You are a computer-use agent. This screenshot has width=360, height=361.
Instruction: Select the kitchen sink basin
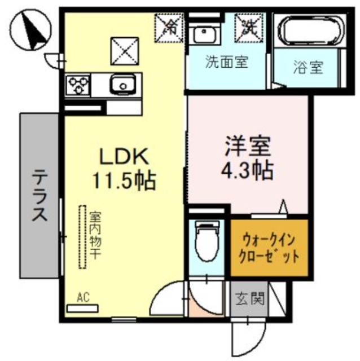tap(120, 85)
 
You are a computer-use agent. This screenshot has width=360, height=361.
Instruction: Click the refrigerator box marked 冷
tap(170, 25)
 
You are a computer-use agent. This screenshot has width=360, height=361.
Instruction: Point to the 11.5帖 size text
tap(124, 180)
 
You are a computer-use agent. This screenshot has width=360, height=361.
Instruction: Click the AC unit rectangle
tap(82, 308)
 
